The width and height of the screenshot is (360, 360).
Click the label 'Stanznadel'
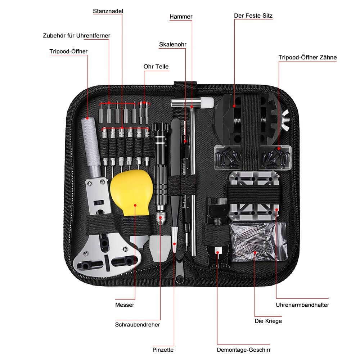click(108, 11)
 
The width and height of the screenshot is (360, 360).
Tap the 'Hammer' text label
click(181, 17)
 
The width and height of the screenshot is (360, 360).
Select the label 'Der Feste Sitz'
click(253, 16)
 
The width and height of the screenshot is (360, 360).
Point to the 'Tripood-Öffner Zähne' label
click(307, 57)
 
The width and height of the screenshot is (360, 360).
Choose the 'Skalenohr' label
click(173, 45)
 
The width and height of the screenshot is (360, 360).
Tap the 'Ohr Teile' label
click(156, 67)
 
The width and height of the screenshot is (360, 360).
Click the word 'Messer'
click(125, 305)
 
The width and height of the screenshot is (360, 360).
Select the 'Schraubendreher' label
click(138, 324)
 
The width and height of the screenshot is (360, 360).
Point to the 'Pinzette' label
click(163, 350)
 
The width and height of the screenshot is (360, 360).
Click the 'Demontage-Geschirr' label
click(244, 350)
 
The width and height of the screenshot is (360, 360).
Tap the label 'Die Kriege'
click(268, 321)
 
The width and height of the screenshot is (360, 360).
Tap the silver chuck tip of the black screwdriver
click(159, 218)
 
